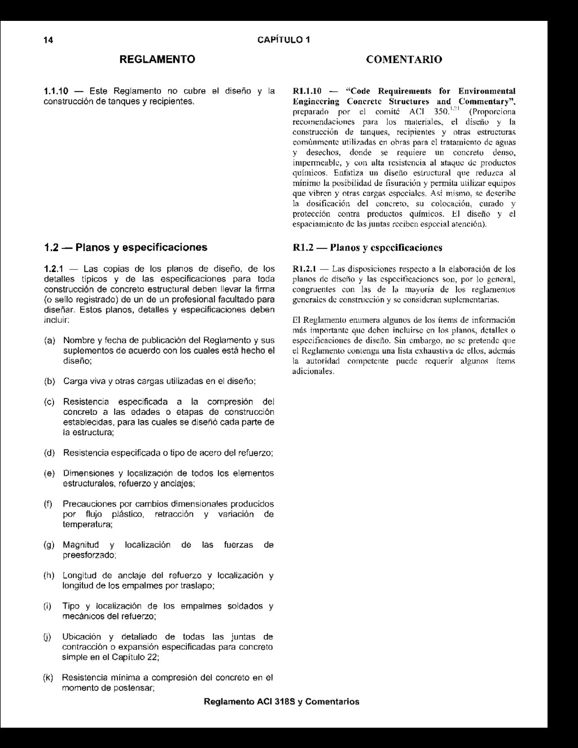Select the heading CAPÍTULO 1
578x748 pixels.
click(283, 40)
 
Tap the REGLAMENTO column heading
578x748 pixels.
click(157, 59)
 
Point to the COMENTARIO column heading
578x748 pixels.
click(404, 59)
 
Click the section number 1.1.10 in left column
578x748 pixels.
click(56, 91)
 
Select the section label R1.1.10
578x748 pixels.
click(306, 91)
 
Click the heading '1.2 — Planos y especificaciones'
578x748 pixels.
click(125, 247)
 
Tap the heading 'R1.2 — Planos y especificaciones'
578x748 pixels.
click(367, 247)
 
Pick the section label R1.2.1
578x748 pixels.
click(305, 269)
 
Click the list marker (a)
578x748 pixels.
click(50, 340)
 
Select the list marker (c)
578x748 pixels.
click(50, 402)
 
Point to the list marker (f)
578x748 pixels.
click(49, 504)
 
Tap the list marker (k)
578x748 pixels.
click(49, 677)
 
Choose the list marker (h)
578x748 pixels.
click(50, 575)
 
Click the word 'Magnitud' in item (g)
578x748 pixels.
click(81, 545)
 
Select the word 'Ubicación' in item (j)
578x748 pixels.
click(82, 637)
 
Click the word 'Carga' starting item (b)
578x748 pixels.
click(75, 381)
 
